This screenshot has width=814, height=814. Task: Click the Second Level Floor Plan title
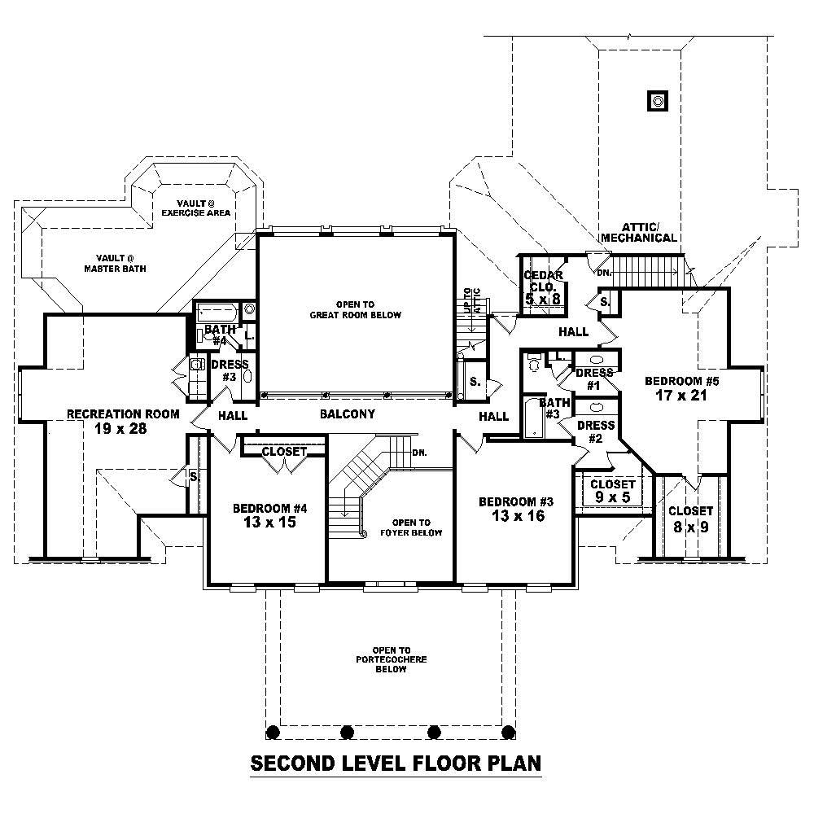pyautogui.click(x=396, y=764)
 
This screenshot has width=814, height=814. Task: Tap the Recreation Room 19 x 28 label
pyautogui.click(x=123, y=421)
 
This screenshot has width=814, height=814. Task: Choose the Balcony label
pyautogui.click(x=347, y=414)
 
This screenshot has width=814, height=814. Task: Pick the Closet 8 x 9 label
pyautogui.click(x=690, y=519)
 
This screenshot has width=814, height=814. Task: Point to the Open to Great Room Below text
pyautogui.click(x=356, y=309)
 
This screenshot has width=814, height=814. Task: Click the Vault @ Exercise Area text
pyautogui.click(x=195, y=208)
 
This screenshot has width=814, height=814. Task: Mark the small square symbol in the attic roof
pyautogui.click(x=658, y=101)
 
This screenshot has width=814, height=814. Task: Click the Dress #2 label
pyautogui.click(x=595, y=431)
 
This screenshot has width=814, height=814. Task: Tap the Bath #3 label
pyautogui.click(x=554, y=408)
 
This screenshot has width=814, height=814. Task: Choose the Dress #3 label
pyautogui.click(x=224, y=371)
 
